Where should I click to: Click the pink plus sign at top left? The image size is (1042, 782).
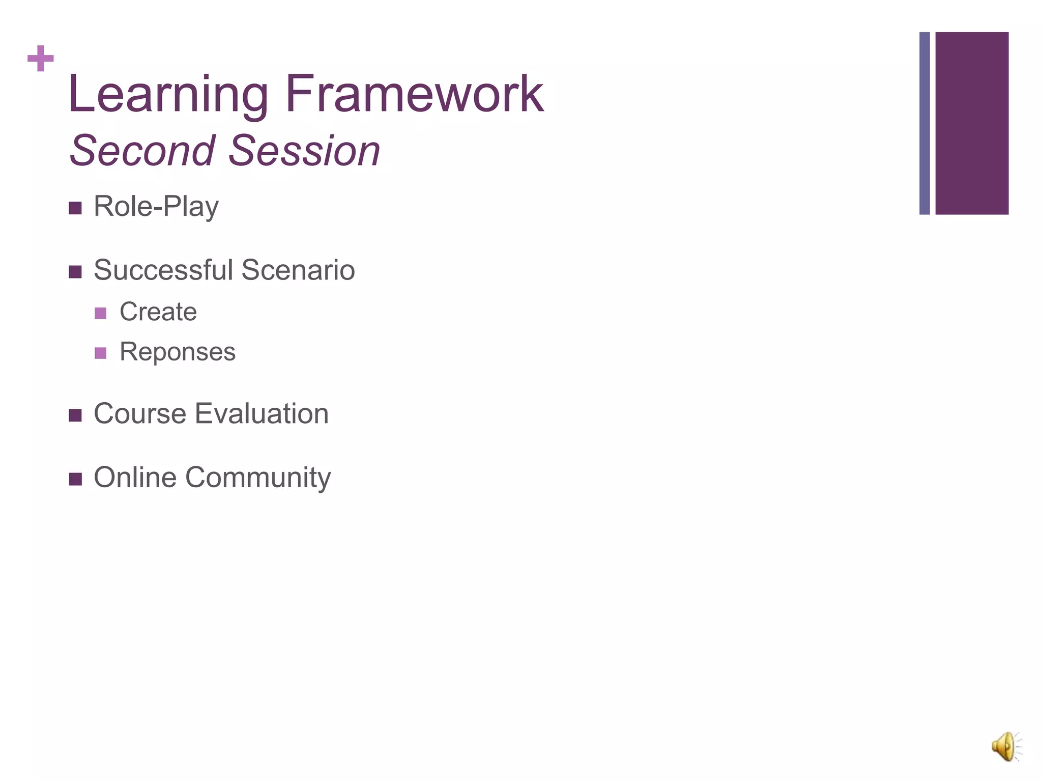pos(41,59)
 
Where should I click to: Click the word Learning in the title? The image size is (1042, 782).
pos(168,95)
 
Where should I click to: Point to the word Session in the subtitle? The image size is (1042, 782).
pos(304,151)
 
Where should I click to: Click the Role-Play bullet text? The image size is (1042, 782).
pos(156,207)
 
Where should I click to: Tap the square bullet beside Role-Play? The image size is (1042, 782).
pos(75,208)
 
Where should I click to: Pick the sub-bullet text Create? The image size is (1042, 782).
pos(158,312)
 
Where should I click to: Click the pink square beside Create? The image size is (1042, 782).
pos(101,313)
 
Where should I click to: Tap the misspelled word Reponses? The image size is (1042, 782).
pos(178,352)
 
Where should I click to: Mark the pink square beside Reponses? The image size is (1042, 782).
pos(101,353)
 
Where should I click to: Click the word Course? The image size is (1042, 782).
pos(140,413)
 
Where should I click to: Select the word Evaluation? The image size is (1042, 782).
pos(262,413)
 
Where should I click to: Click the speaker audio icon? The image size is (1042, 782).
pos(1006,747)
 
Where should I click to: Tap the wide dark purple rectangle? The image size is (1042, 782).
pos(972,123)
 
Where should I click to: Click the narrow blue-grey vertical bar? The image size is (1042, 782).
pos(924,123)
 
